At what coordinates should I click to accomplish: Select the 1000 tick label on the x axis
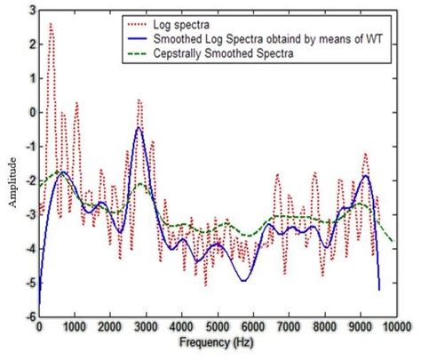point(75,327)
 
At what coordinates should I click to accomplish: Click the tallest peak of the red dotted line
point(50,24)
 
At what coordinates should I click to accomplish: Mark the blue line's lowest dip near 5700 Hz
point(242,281)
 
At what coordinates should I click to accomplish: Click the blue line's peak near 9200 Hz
point(366,175)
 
